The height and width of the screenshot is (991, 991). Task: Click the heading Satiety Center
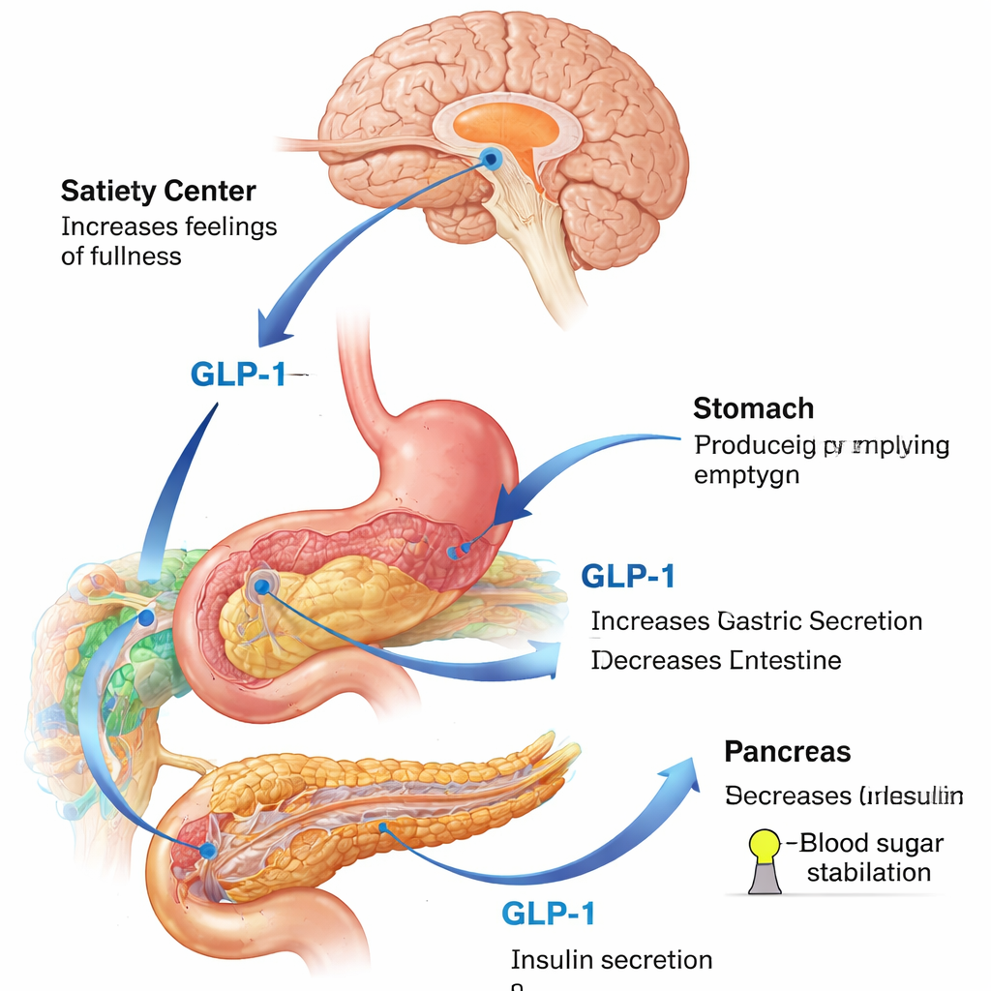158,190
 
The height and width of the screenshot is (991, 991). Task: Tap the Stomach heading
753,408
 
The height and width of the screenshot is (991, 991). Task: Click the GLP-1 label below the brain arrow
239,375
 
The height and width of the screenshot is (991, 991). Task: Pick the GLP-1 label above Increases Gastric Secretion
628,577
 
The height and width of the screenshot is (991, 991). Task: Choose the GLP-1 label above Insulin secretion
549,913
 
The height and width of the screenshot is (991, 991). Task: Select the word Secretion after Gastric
865,621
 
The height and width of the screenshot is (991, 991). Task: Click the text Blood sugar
871,843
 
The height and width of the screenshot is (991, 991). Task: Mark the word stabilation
869,872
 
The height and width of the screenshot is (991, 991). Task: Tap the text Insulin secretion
611,960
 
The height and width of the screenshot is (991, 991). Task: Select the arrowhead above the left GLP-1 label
276,329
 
